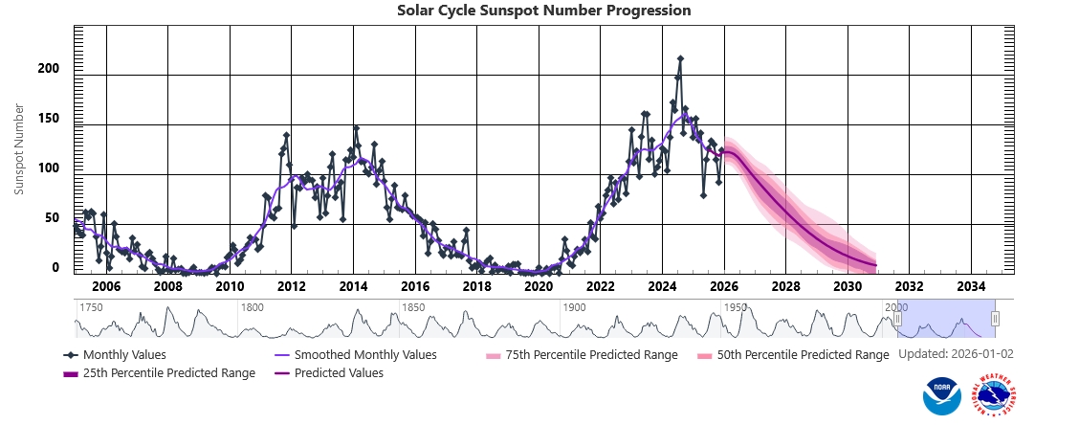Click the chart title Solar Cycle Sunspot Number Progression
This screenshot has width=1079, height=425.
[x=543, y=11]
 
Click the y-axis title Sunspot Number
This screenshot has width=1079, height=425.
[x=19, y=150]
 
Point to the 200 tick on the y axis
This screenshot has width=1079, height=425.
[x=49, y=69]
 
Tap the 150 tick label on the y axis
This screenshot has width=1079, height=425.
[x=49, y=119]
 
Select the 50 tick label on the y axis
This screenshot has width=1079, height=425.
[x=53, y=218]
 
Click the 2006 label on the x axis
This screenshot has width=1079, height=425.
[x=105, y=286]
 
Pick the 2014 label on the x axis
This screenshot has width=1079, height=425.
[x=353, y=286]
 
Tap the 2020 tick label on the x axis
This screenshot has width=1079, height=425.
[x=539, y=286]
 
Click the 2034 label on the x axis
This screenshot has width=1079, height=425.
[x=971, y=286]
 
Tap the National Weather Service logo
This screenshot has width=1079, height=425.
[x=993, y=394]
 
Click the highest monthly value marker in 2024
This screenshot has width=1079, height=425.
[x=680, y=58]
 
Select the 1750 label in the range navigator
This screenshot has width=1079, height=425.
[x=92, y=307]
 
